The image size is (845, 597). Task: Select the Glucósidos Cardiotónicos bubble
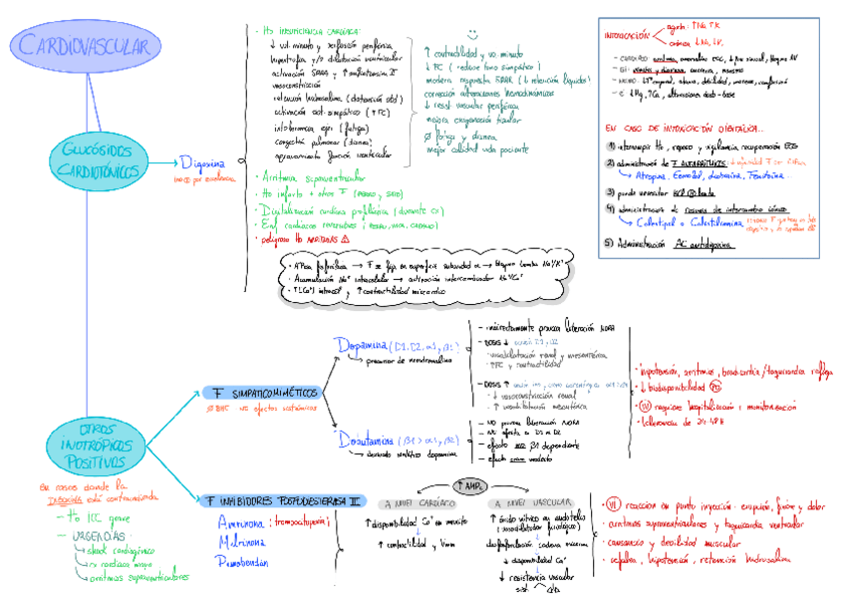98,160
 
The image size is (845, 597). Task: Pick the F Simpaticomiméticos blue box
262,393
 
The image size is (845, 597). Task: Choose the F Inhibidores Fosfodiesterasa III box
283,500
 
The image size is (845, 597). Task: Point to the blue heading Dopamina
362,345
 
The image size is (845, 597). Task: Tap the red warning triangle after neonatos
345,240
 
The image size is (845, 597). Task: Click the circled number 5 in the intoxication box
610,241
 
